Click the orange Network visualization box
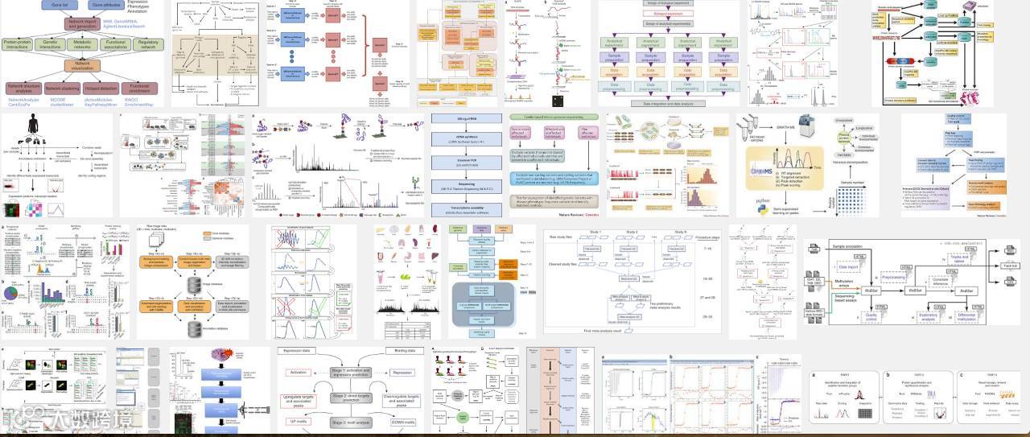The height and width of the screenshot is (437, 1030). point(83,67)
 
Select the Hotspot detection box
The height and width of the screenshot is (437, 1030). point(101,88)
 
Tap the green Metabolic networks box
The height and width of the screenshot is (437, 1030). point(83,44)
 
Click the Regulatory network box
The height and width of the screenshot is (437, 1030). point(148,44)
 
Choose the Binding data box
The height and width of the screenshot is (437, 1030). point(401,352)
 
